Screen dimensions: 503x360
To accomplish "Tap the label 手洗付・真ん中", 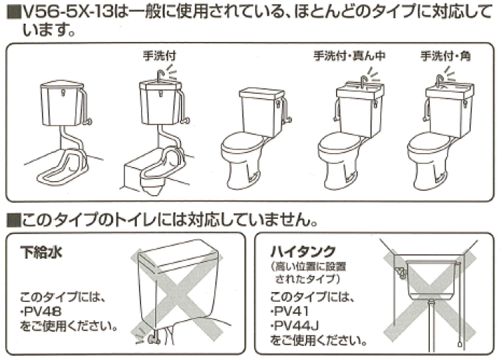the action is [x=349, y=56].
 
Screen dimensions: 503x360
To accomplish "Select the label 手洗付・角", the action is [x=445, y=56].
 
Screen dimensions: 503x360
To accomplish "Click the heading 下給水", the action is [x=41, y=252].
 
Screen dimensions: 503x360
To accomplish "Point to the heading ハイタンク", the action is [x=303, y=251].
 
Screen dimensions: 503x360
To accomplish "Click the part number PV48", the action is [x=41, y=311].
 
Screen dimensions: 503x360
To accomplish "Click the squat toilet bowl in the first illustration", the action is [x=63, y=168].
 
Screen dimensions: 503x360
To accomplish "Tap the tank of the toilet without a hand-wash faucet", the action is [x=262, y=110].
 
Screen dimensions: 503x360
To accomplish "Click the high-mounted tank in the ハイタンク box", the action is [x=431, y=278].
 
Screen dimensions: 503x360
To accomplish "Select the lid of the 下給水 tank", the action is [x=179, y=254].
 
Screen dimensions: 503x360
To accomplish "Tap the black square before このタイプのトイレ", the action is [x=14, y=220].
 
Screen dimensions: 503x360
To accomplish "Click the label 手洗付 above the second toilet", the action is [x=159, y=56].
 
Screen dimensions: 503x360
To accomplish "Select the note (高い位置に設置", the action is [x=309, y=266].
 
